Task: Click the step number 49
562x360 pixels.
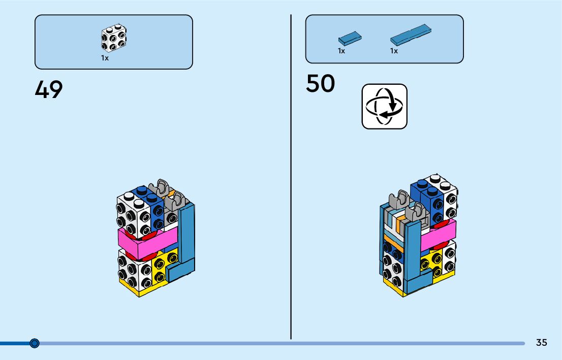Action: (49, 90)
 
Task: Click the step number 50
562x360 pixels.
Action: (320, 84)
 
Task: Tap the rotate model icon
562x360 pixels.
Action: (384, 106)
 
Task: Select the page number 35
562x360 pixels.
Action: (541, 343)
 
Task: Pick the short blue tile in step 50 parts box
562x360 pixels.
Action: (350, 38)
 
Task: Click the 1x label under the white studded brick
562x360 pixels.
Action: (105, 58)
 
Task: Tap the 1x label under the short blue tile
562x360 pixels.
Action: (341, 51)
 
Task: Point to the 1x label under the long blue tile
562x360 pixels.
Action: (394, 51)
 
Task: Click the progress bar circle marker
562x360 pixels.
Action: (35, 343)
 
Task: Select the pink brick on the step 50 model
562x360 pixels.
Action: (437, 235)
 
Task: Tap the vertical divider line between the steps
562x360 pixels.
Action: (291, 178)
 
